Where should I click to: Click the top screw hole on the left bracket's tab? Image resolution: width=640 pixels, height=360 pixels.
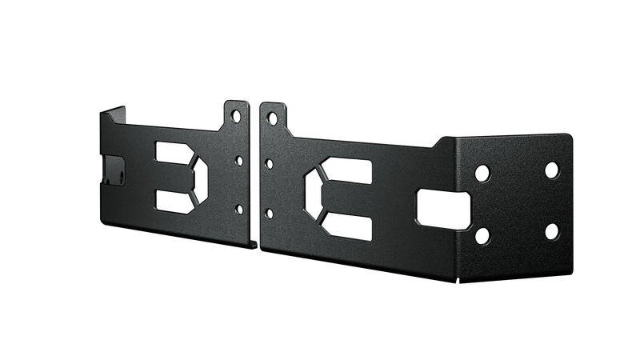point(236,116)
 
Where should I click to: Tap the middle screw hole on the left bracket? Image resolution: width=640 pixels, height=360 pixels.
point(238,160)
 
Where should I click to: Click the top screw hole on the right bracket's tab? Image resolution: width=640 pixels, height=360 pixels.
point(271,118)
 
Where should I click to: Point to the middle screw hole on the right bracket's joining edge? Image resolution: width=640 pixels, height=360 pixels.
point(270,164)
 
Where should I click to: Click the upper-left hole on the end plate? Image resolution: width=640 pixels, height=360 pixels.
point(482,171)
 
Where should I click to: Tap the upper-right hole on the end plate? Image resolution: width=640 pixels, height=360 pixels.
point(551,169)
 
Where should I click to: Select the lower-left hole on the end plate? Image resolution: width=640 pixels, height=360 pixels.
point(482,234)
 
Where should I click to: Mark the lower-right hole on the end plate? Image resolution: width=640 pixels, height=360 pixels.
point(551,232)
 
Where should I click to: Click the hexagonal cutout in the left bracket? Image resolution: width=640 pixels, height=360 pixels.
point(197,177)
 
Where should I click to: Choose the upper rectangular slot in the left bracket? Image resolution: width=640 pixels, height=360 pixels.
point(170,152)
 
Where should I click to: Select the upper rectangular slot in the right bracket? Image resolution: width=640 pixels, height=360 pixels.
point(349,170)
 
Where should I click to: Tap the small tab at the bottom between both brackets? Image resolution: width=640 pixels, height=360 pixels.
point(254,239)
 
